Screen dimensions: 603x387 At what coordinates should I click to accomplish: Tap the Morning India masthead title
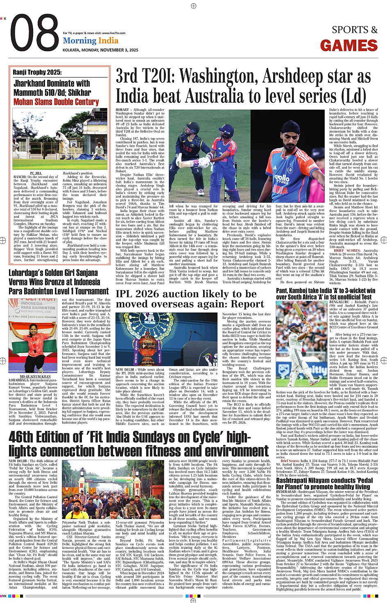pos(91,41)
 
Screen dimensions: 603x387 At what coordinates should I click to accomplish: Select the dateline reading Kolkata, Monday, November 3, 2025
pos(100,50)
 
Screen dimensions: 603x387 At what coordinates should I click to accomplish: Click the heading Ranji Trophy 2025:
pos(37,72)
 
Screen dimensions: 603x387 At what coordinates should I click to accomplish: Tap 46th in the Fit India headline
pos(23,437)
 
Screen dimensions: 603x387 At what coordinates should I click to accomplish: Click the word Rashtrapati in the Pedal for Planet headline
pos(297,480)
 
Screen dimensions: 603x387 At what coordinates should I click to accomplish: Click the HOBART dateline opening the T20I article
pos(122,110)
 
